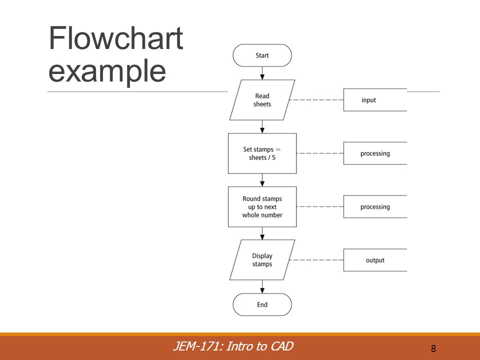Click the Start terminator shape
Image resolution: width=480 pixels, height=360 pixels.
pos(262,55)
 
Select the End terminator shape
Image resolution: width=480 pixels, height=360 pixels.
pos(262,304)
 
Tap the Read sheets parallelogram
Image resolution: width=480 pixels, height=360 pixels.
pos(262,100)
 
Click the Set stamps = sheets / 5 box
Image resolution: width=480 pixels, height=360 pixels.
pos(262,153)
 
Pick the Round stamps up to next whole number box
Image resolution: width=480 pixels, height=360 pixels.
pos(262,206)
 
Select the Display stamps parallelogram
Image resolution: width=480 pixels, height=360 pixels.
pos(262,260)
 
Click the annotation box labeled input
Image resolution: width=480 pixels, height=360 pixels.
pos(375,100)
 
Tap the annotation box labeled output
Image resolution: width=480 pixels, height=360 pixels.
pos(375,260)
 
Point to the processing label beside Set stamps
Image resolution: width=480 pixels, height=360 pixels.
pos(375,153)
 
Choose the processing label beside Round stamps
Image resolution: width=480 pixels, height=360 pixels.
pos(375,206)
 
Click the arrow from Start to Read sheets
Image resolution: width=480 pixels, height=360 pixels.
pos(262,73)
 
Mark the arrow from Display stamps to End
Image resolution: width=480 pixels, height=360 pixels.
pos(262,286)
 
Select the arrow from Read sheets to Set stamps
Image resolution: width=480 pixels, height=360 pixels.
pos(262,126)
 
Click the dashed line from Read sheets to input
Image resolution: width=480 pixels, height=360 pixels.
pos(316,100)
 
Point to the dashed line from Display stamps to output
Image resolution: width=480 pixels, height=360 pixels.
pos(316,260)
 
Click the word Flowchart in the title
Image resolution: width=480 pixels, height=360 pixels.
pos(115,38)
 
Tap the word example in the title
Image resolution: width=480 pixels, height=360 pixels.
pos(107,71)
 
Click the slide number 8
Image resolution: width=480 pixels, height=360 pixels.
pos(433,348)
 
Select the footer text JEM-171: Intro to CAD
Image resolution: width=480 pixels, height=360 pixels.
pos(233,346)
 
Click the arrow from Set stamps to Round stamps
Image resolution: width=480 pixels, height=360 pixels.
pos(262,180)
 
